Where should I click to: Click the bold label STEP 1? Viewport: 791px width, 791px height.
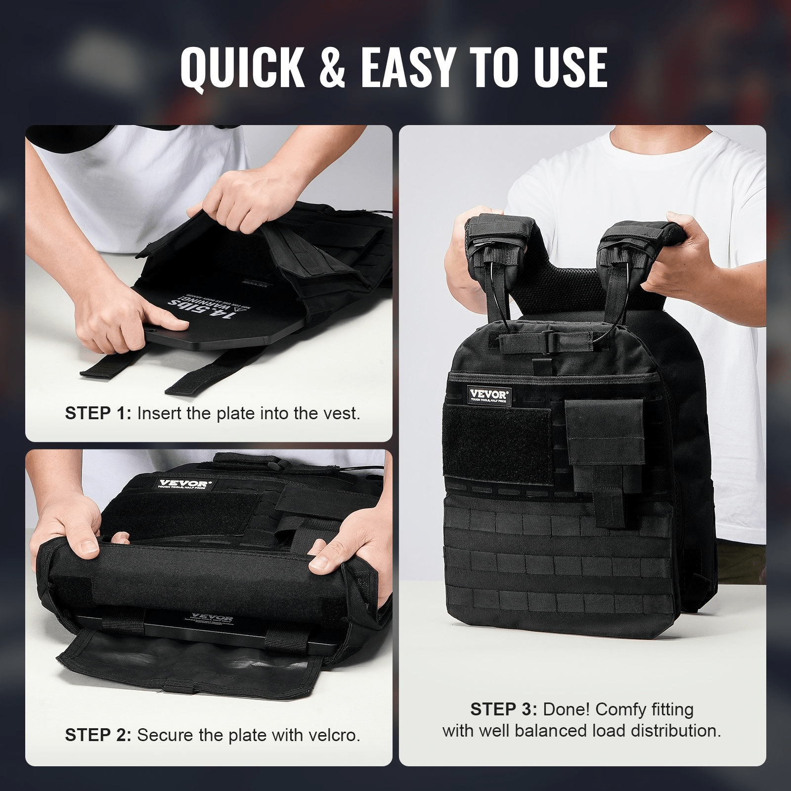click(x=98, y=413)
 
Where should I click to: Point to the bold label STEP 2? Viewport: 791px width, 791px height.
click(x=98, y=735)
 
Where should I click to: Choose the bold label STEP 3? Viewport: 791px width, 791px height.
click(x=503, y=709)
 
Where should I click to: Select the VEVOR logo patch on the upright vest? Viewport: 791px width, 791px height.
click(x=489, y=395)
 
